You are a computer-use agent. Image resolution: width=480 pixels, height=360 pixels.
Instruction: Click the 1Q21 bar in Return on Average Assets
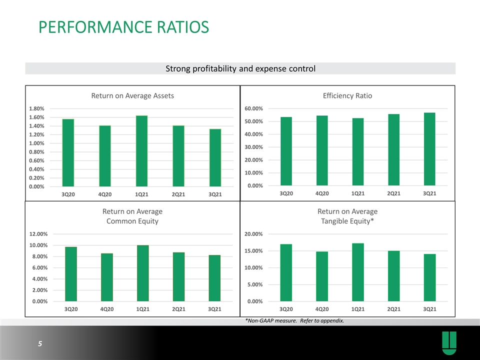141,151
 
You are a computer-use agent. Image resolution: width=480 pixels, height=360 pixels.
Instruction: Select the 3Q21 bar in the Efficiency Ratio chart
429,149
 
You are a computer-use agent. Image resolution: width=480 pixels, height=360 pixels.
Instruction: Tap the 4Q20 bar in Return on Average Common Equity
107,277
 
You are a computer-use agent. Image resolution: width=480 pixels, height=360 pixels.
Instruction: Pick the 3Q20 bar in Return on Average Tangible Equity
286,273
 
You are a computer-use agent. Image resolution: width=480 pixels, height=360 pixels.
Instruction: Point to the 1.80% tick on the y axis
36,108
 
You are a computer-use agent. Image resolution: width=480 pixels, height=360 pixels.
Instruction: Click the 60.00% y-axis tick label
254,108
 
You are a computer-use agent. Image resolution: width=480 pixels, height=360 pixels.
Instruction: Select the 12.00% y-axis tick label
38,234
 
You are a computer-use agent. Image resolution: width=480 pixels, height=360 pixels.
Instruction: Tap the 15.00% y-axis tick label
254,251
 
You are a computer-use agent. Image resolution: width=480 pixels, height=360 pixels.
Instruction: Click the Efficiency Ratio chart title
347,96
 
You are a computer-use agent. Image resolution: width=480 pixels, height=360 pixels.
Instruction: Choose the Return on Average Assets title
132,96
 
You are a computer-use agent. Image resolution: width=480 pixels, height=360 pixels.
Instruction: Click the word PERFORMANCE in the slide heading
95,27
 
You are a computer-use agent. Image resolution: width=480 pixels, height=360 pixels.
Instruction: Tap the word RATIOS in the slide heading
183,27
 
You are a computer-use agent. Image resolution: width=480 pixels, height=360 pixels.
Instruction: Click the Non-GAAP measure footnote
295,321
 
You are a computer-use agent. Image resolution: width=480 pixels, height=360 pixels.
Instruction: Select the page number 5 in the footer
40,344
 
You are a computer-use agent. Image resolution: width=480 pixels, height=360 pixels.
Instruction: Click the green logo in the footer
449,343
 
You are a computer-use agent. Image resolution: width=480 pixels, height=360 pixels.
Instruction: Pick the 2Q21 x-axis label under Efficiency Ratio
393,193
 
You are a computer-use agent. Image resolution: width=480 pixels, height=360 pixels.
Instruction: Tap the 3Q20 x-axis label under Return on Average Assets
68,194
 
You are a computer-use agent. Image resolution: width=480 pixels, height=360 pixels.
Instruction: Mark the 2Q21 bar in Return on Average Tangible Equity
393,276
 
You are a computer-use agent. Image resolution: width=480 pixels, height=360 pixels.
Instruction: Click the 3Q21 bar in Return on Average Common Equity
214,278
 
